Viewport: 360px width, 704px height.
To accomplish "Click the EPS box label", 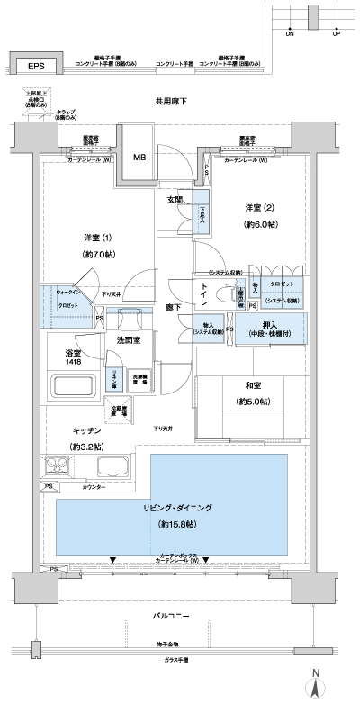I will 35,66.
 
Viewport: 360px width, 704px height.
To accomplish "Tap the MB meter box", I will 139,158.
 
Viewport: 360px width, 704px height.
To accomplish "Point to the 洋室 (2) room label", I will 259,209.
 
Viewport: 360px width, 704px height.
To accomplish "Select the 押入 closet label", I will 270,326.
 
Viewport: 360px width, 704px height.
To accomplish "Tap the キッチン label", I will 85,431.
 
